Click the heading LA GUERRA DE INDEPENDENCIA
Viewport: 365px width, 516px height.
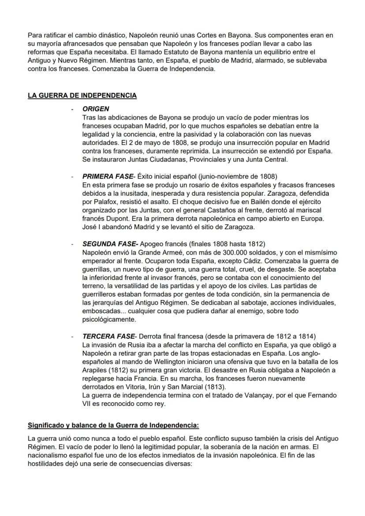[82, 96]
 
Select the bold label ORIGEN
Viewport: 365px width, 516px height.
[96, 109]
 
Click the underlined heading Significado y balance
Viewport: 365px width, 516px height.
[113, 426]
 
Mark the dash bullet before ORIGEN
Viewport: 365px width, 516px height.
[72, 109]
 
